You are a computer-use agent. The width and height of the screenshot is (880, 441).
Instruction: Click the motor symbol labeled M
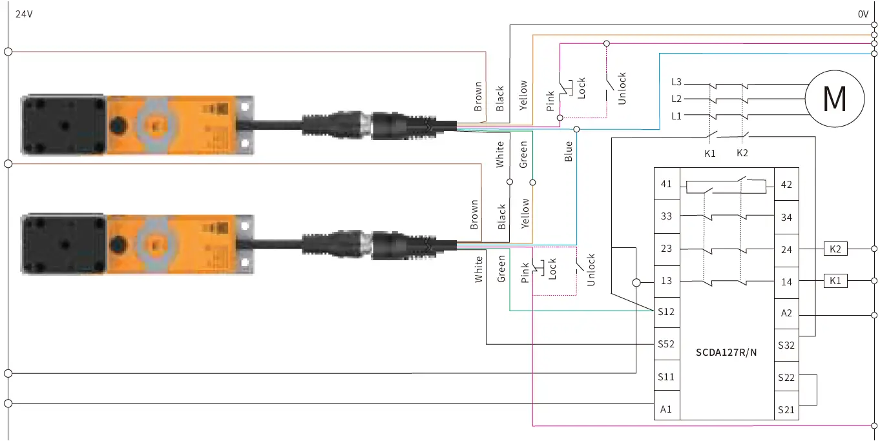point(834,98)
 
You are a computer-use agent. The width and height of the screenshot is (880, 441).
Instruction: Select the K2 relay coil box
point(835,249)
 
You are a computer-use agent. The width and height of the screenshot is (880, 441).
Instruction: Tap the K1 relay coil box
point(835,281)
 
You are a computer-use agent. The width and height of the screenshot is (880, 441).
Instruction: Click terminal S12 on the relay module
point(666,313)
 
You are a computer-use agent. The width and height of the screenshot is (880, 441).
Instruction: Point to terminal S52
point(666,344)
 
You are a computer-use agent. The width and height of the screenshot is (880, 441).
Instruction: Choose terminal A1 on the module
point(666,409)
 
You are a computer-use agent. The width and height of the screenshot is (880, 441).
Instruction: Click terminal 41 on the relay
point(666,184)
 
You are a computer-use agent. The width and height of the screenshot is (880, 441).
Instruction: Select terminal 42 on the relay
point(786,184)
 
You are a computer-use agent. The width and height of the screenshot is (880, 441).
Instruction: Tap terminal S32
point(786,345)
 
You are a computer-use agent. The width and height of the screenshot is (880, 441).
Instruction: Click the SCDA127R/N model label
point(726,353)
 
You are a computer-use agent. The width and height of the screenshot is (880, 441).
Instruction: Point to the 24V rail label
point(24,14)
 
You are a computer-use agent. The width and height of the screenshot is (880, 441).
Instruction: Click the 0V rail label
point(863,14)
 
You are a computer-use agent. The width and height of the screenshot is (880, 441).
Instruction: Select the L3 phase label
point(676,83)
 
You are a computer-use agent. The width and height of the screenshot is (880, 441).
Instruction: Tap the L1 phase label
point(676,116)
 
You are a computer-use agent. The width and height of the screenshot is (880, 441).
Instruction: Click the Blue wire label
point(569,152)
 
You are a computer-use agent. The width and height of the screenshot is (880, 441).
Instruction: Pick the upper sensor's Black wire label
point(500,99)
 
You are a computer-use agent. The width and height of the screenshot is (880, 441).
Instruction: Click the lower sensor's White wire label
point(479,269)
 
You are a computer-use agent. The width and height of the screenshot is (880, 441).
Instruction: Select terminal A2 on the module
point(786,313)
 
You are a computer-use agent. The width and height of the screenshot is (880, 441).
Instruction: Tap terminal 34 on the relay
point(786,217)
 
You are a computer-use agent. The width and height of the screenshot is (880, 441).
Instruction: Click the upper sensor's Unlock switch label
point(622,88)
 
